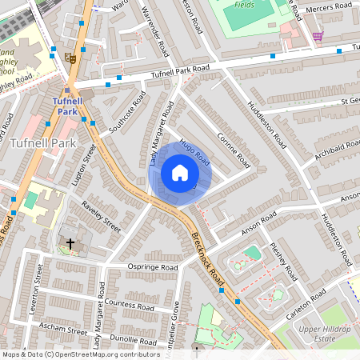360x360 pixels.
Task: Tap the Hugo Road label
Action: [x=194, y=151]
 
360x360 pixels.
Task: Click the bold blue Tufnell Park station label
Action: [x=73, y=106]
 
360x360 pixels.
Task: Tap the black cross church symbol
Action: [x=70, y=242]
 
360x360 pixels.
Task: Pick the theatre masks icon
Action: [x=72, y=58]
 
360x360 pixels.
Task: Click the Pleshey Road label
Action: [x=284, y=262]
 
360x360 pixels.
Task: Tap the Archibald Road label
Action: [x=336, y=151]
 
